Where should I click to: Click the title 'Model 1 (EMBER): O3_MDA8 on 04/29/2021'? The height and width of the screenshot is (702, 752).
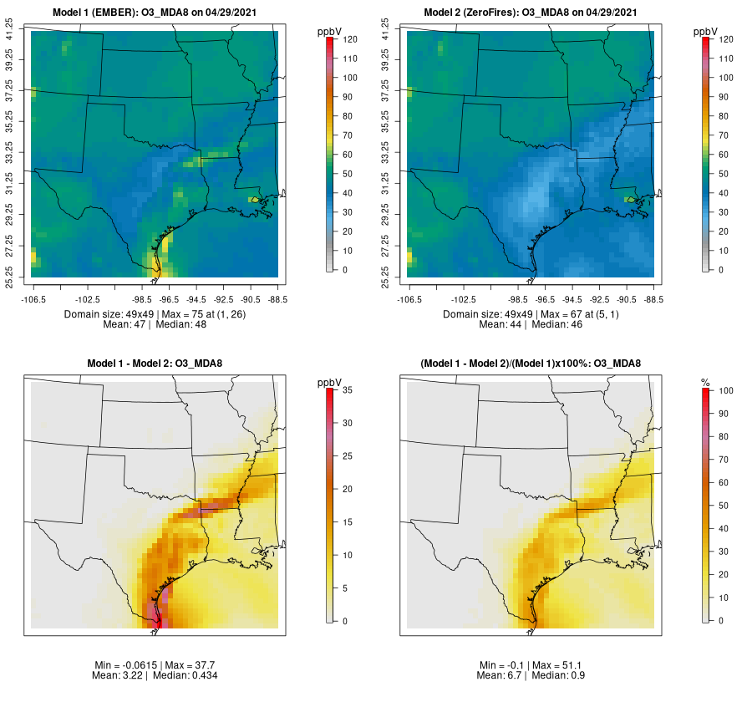click(155, 13)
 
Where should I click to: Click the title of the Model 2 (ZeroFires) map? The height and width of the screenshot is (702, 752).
click(531, 13)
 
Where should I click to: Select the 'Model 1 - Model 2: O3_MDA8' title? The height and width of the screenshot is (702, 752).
click(155, 364)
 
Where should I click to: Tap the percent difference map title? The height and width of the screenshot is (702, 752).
click(531, 364)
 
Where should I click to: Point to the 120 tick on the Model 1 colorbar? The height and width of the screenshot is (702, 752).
click(351, 39)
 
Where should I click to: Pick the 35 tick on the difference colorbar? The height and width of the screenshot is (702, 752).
click(351, 390)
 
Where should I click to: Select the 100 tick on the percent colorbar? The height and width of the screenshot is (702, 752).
click(725, 390)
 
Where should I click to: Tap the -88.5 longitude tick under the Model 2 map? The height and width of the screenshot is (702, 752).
click(653, 298)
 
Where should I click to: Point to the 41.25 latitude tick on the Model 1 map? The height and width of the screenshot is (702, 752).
click(10, 32)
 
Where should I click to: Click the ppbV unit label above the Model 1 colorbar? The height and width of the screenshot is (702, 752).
click(329, 31)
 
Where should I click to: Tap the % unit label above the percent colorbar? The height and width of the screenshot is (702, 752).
click(705, 382)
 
